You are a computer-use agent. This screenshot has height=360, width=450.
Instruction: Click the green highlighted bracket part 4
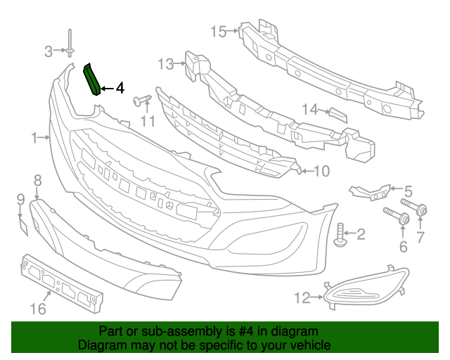click(92, 79)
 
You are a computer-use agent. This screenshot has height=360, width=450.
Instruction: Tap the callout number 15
click(218, 32)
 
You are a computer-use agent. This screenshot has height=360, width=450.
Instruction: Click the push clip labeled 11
click(144, 101)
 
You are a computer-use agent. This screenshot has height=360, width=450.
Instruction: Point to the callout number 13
click(165, 65)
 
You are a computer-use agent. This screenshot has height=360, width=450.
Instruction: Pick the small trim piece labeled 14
click(337, 115)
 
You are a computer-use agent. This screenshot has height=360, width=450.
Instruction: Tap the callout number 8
click(37, 180)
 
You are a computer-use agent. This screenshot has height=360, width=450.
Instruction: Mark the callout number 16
click(37, 309)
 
